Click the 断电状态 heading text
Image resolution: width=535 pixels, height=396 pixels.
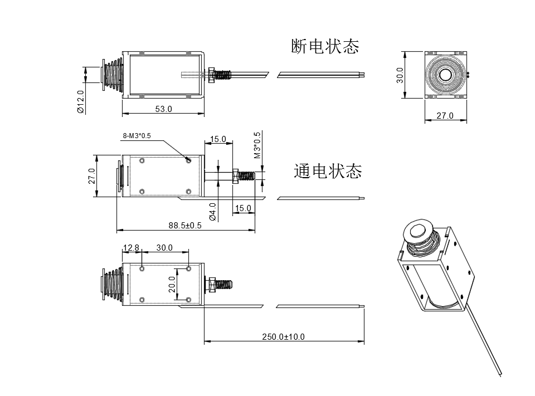pos(325,46)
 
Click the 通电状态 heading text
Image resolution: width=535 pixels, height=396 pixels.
pos(328,171)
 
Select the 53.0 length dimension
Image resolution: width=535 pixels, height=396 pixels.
pos(163,109)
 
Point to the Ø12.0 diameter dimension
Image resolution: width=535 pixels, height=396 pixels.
pos(81,102)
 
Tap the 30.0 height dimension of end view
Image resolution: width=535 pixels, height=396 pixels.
pos(400,75)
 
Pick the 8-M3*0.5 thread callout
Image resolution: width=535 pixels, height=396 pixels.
pos(137,136)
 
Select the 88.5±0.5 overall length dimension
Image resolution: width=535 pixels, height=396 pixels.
pos(185,225)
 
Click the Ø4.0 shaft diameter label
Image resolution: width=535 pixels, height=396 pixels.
pos(212,212)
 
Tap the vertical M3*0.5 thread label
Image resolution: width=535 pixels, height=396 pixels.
pos(257,145)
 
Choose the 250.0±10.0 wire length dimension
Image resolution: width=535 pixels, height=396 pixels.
pos(283,336)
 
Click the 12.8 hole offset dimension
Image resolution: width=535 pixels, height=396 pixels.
pos(132,247)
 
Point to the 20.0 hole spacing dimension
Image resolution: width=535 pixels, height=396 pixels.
pos(173,284)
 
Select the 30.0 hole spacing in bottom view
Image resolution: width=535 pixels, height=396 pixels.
pos(164,247)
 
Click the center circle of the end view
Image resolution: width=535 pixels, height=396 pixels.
pos(445,75)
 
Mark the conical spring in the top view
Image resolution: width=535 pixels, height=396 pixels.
pos(114,75)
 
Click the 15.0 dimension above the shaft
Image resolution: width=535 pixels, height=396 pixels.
pos(217,139)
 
